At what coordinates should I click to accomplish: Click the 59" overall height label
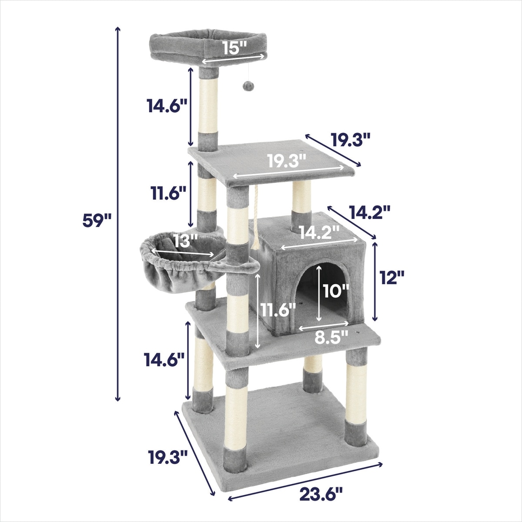pyautogui.click(x=97, y=220)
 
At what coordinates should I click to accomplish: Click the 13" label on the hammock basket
pyautogui.click(x=186, y=241)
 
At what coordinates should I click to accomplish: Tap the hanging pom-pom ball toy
pyautogui.click(x=248, y=86)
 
